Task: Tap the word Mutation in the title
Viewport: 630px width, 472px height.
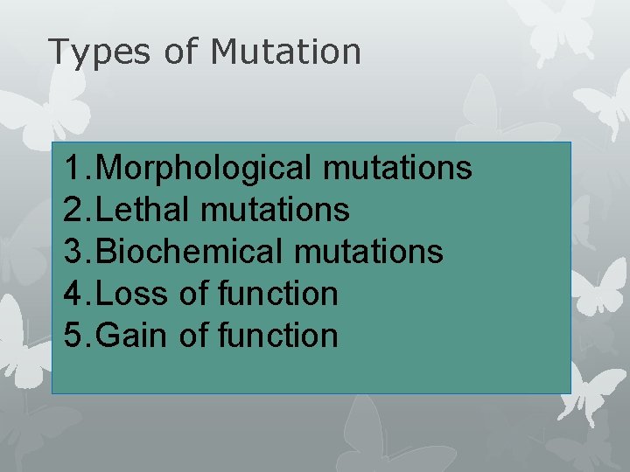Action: (x=285, y=52)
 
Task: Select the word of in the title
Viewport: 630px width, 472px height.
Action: (x=181, y=52)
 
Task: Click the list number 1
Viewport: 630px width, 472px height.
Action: (x=73, y=168)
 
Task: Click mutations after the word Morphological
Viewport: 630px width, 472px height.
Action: (x=397, y=168)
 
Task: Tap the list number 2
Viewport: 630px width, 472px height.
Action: (x=73, y=210)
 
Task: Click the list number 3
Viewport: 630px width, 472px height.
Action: (x=73, y=252)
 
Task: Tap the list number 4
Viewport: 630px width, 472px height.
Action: (x=73, y=294)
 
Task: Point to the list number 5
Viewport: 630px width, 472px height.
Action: (x=73, y=336)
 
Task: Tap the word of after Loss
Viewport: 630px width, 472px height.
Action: (x=192, y=294)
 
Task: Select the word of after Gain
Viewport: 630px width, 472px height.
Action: (x=192, y=336)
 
